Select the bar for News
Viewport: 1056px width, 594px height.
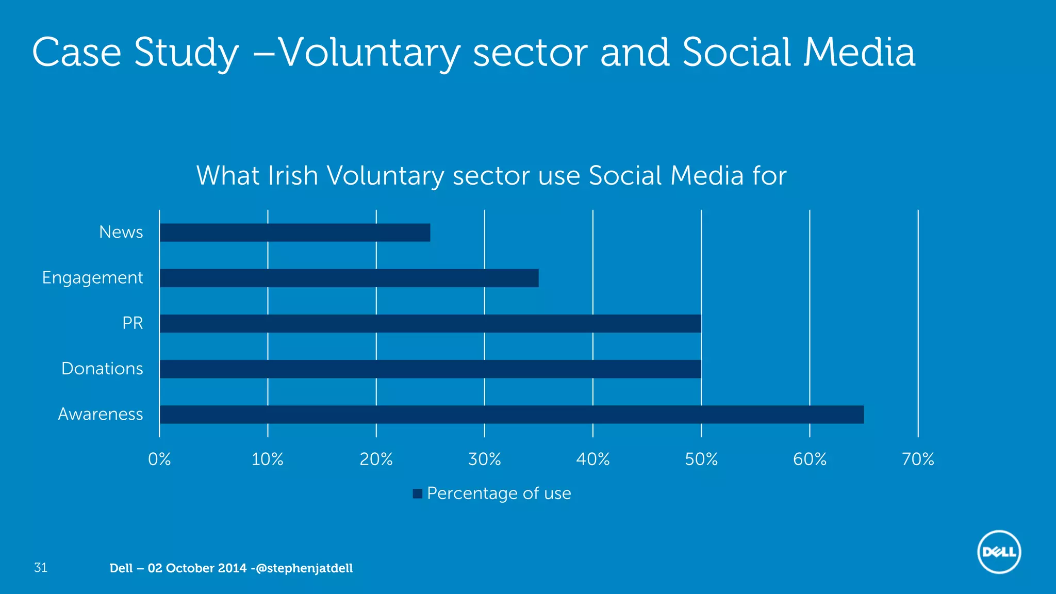[x=294, y=233]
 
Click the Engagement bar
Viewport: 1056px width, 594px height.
[x=349, y=278]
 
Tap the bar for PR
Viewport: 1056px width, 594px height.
[x=430, y=323]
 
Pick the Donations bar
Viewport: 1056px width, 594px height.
[x=430, y=369]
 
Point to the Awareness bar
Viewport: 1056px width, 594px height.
[x=511, y=415]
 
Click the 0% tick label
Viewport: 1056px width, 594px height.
[x=159, y=459]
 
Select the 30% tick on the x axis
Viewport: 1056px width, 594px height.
[x=484, y=459]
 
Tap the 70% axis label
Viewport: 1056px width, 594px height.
[x=918, y=459]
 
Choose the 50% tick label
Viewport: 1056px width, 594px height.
[x=701, y=459]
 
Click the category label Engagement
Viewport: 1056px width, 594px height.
[x=92, y=278]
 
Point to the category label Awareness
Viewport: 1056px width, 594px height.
[x=100, y=414]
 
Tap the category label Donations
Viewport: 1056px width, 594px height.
[x=102, y=369]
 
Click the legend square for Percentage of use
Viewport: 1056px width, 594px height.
[x=418, y=494]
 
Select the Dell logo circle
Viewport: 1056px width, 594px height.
[x=999, y=552]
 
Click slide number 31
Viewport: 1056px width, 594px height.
[x=40, y=568]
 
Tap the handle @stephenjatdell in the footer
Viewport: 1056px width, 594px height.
[x=304, y=568]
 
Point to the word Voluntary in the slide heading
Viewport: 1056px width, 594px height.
[x=369, y=53]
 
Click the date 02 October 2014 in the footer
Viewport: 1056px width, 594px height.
[x=197, y=568]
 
